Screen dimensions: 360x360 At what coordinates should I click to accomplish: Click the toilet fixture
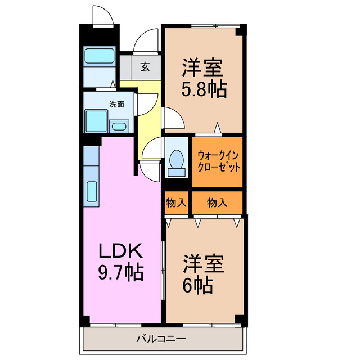point(177,159)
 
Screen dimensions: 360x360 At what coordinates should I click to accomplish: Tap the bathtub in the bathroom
point(99,57)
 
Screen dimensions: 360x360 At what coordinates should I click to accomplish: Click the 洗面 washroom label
point(116,104)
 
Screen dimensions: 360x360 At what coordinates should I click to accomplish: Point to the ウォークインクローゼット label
point(218,161)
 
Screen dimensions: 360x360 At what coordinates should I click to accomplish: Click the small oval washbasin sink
point(119,126)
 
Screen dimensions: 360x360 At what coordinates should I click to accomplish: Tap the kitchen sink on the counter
point(92,192)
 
